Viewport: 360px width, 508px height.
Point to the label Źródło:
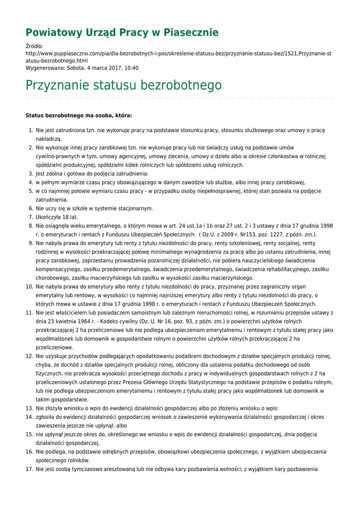tap(34, 46)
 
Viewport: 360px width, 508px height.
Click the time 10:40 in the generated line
tap(131, 68)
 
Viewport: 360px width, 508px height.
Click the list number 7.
tap(30, 217)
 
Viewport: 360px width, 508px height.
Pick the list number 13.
tap(29, 408)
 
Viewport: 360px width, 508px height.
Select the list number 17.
tap(29, 469)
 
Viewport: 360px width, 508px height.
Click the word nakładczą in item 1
tap(49, 139)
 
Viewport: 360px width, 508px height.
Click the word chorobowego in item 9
tap(53, 278)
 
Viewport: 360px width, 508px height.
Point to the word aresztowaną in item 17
tap(112, 469)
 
